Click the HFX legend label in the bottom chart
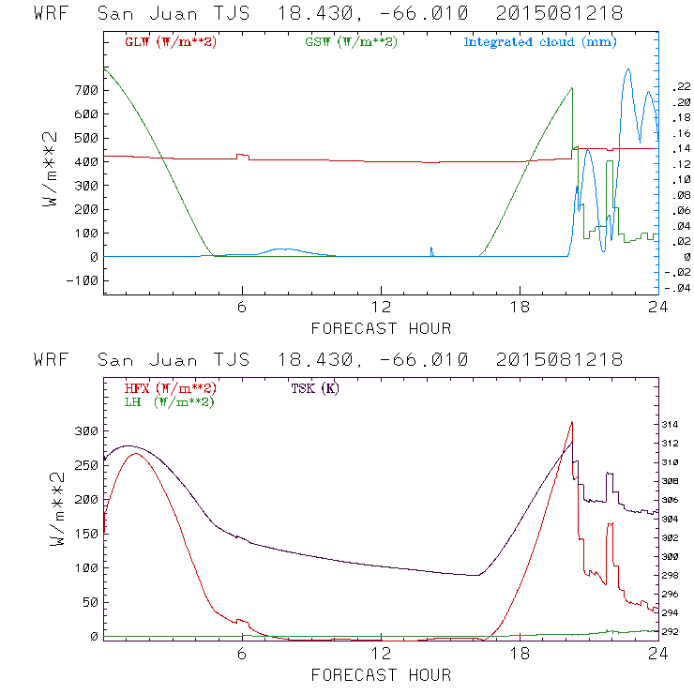click(x=170, y=388)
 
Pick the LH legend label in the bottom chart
click(x=170, y=401)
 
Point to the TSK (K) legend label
click(x=315, y=388)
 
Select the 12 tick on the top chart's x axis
click(x=381, y=309)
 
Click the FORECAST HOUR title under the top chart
click(x=381, y=328)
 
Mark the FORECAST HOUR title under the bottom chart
click(x=381, y=675)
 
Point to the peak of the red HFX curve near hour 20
click(x=571, y=422)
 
